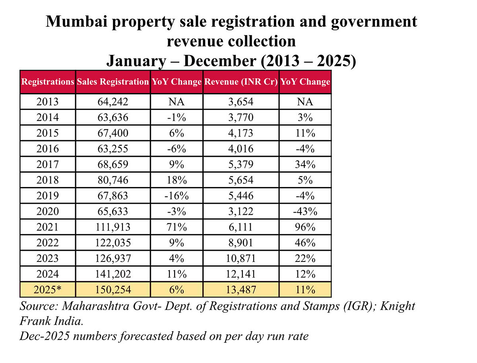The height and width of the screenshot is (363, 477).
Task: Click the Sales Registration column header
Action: [113, 82]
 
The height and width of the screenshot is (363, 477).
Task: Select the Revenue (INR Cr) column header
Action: [240, 82]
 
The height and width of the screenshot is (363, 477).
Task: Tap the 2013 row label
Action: [47, 101]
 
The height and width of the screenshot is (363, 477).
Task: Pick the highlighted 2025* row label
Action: [47, 289]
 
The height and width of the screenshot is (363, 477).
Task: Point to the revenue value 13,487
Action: [240, 289]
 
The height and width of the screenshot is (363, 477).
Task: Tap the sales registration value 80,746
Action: [113, 180]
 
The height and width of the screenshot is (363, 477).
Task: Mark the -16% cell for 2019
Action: [176, 195]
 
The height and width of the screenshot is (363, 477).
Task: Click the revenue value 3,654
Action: [240, 101]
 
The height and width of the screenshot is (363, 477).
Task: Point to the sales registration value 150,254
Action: [113, 289]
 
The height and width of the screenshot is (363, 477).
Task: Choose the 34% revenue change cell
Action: [305, 164]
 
